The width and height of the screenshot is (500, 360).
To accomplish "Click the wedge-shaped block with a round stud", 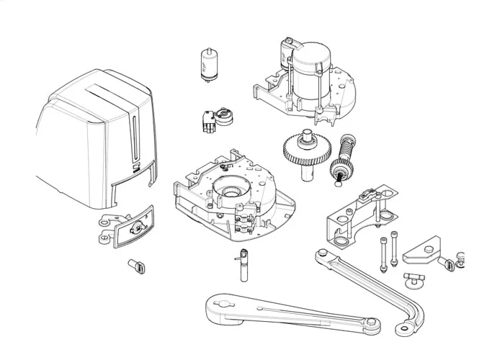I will tap(423, 253).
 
